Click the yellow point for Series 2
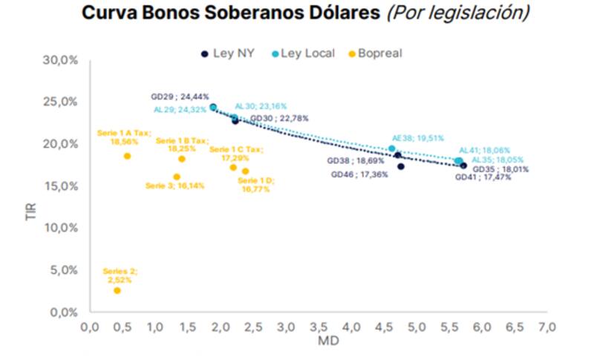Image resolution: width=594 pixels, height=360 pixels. [x=117, y=290]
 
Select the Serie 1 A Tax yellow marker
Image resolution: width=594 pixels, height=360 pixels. [x=127, y=156]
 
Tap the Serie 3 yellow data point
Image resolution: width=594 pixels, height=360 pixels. [x=177, y=177]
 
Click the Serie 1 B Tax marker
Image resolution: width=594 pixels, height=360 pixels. [x=182, y=159]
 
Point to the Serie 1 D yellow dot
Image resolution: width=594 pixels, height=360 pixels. [x=246, y=171]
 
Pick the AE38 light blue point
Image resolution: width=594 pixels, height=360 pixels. [x=392, y=148]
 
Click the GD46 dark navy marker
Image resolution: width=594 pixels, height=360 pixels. [x=401, y=166]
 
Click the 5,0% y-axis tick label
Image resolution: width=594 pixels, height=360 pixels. [x=66, y=269]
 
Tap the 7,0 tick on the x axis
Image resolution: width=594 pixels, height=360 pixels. [x=547, y=327]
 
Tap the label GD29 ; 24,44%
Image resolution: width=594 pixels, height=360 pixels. [x=180, y=96]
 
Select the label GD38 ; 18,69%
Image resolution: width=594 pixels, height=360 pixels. [x=356, y=160]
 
